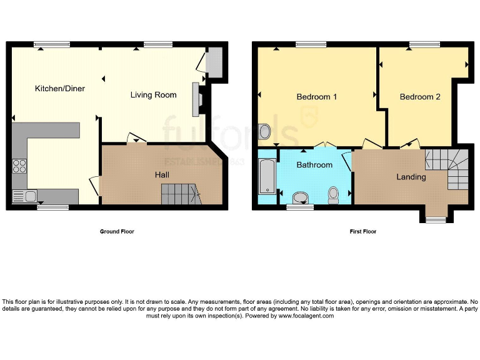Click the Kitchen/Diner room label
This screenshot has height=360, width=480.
(x=59, y=89)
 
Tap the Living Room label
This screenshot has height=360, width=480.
(x=153, y=95)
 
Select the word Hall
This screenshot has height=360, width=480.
(x=162, y=175)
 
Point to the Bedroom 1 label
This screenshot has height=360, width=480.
(x=316, y=97)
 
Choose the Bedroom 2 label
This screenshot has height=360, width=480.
(x=420, y=97)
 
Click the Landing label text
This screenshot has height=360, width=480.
(x=411, y=177)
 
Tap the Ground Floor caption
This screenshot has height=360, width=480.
(x=117, y=232)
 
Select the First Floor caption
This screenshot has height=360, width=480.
(x=362, y=232)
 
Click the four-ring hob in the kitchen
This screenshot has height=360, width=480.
(x=19, y=166)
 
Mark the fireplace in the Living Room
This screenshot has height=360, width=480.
(x=196, y=99)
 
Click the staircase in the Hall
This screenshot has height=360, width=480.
(x=179, y=194)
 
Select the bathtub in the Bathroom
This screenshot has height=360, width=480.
(x=266, y=176)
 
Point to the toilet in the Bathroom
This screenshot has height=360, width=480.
(x=333, y=194)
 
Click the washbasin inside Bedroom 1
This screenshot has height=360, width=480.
(x=264, y=132)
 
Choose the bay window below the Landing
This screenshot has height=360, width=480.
(x=436, y=219)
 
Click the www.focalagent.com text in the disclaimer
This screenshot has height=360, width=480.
(x=306, y=316)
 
